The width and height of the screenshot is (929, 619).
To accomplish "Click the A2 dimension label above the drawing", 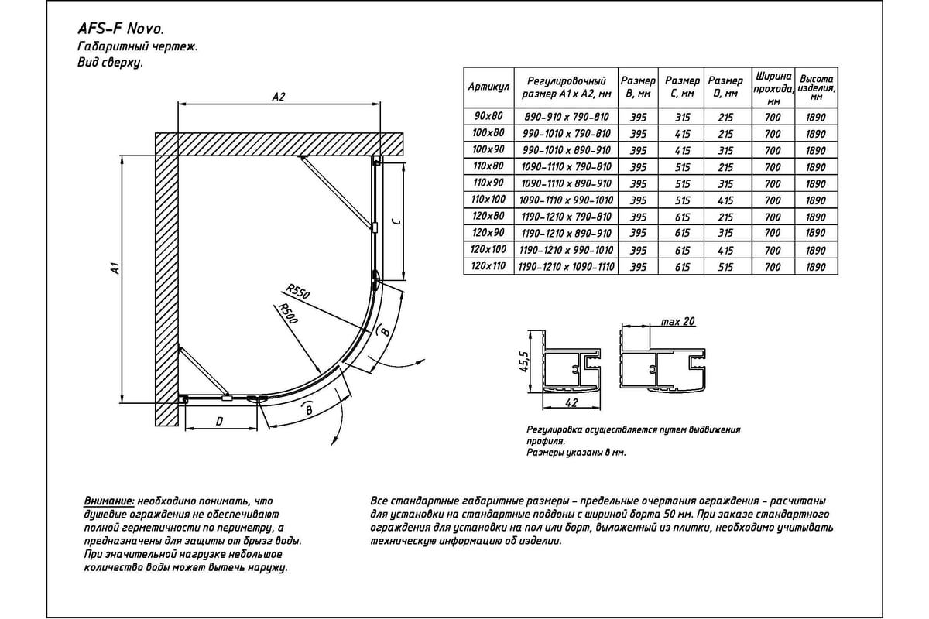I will pos(279,97).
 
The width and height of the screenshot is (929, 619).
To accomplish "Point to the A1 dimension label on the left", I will pos(115,269).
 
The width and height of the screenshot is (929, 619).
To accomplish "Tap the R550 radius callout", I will pos(297,294).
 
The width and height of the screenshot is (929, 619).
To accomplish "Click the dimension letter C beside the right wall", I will pos(395,221).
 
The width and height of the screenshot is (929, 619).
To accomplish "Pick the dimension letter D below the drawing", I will pos(220,421).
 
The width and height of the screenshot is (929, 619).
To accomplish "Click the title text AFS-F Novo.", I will pos(120,29).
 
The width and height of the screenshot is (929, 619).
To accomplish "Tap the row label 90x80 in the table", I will pos(488,117).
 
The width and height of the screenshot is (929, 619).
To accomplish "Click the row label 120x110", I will pos(488,266).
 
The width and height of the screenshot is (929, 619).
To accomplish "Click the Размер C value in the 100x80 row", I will pos(682,134).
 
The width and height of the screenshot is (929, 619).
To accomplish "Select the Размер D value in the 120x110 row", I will pos(725,266).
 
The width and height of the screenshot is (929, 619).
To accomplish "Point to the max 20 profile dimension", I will pos(677,322).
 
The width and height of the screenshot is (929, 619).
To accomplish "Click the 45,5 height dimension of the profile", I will pos(523,361).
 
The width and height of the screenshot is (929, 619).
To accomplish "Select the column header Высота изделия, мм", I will pos(816,87).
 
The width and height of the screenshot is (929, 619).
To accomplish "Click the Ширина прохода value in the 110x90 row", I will pos(773,183).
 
